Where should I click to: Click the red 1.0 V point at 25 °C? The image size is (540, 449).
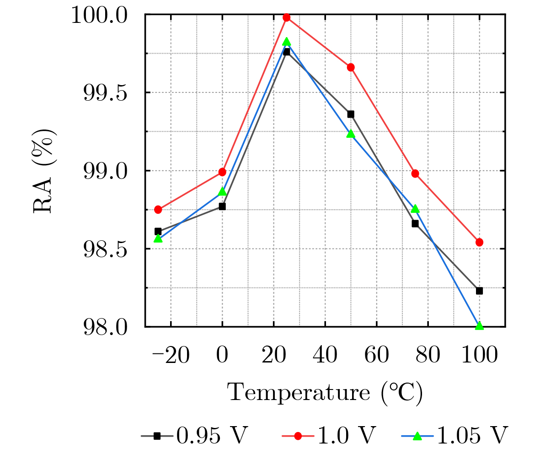(x=287, y=17)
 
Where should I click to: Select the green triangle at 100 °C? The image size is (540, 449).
(x=479, y=326)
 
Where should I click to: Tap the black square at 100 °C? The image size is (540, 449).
(x=479, y=291)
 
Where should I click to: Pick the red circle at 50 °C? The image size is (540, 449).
(x=351, y=67)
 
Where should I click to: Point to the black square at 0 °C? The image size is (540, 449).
(x=222, y=206)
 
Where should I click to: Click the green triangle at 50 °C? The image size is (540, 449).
(x=351, y=134)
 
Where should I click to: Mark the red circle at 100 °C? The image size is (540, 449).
(x=479, y=242)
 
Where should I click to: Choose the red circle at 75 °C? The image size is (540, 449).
(x=415, y=173)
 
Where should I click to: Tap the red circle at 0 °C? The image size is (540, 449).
(x=222, y=172)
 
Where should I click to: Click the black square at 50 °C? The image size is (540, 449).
(x=351, y=114)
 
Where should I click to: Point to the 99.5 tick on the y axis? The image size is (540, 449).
(x=108, y=93)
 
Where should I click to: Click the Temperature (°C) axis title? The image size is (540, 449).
(x=325, y=393)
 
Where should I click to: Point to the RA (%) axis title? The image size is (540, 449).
(x=44, y=171)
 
